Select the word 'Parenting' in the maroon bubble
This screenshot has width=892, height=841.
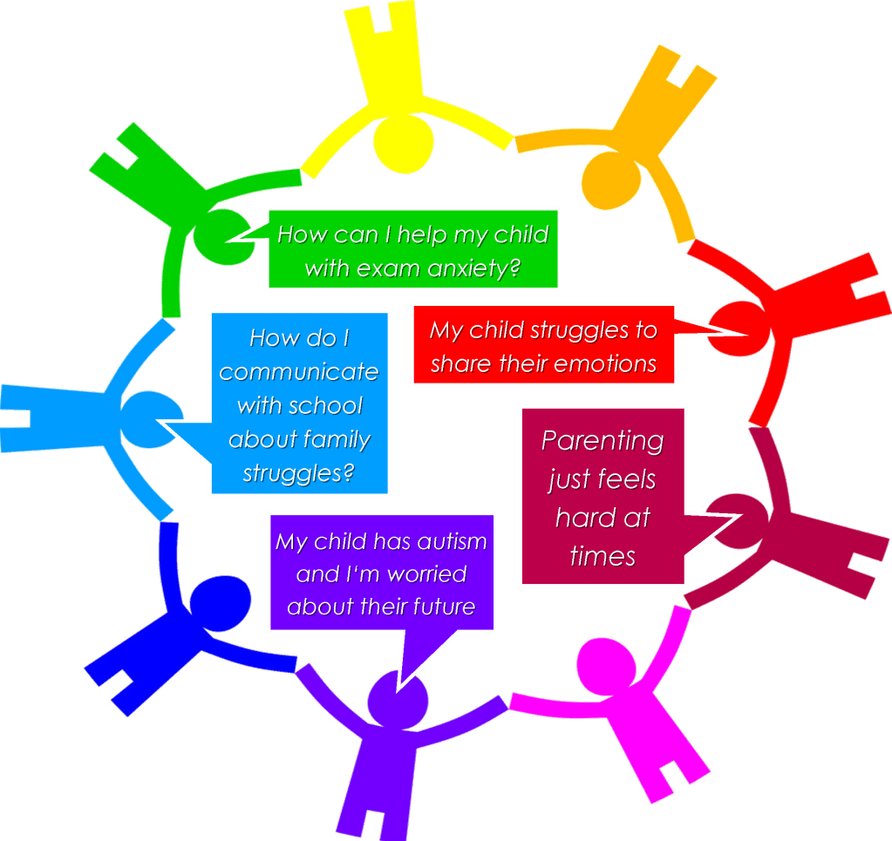[603, 440]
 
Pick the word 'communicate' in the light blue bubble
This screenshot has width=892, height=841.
[299, 372]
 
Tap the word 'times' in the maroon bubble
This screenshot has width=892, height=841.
[603, 556]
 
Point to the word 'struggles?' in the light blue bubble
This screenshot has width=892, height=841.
[299, 472]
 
